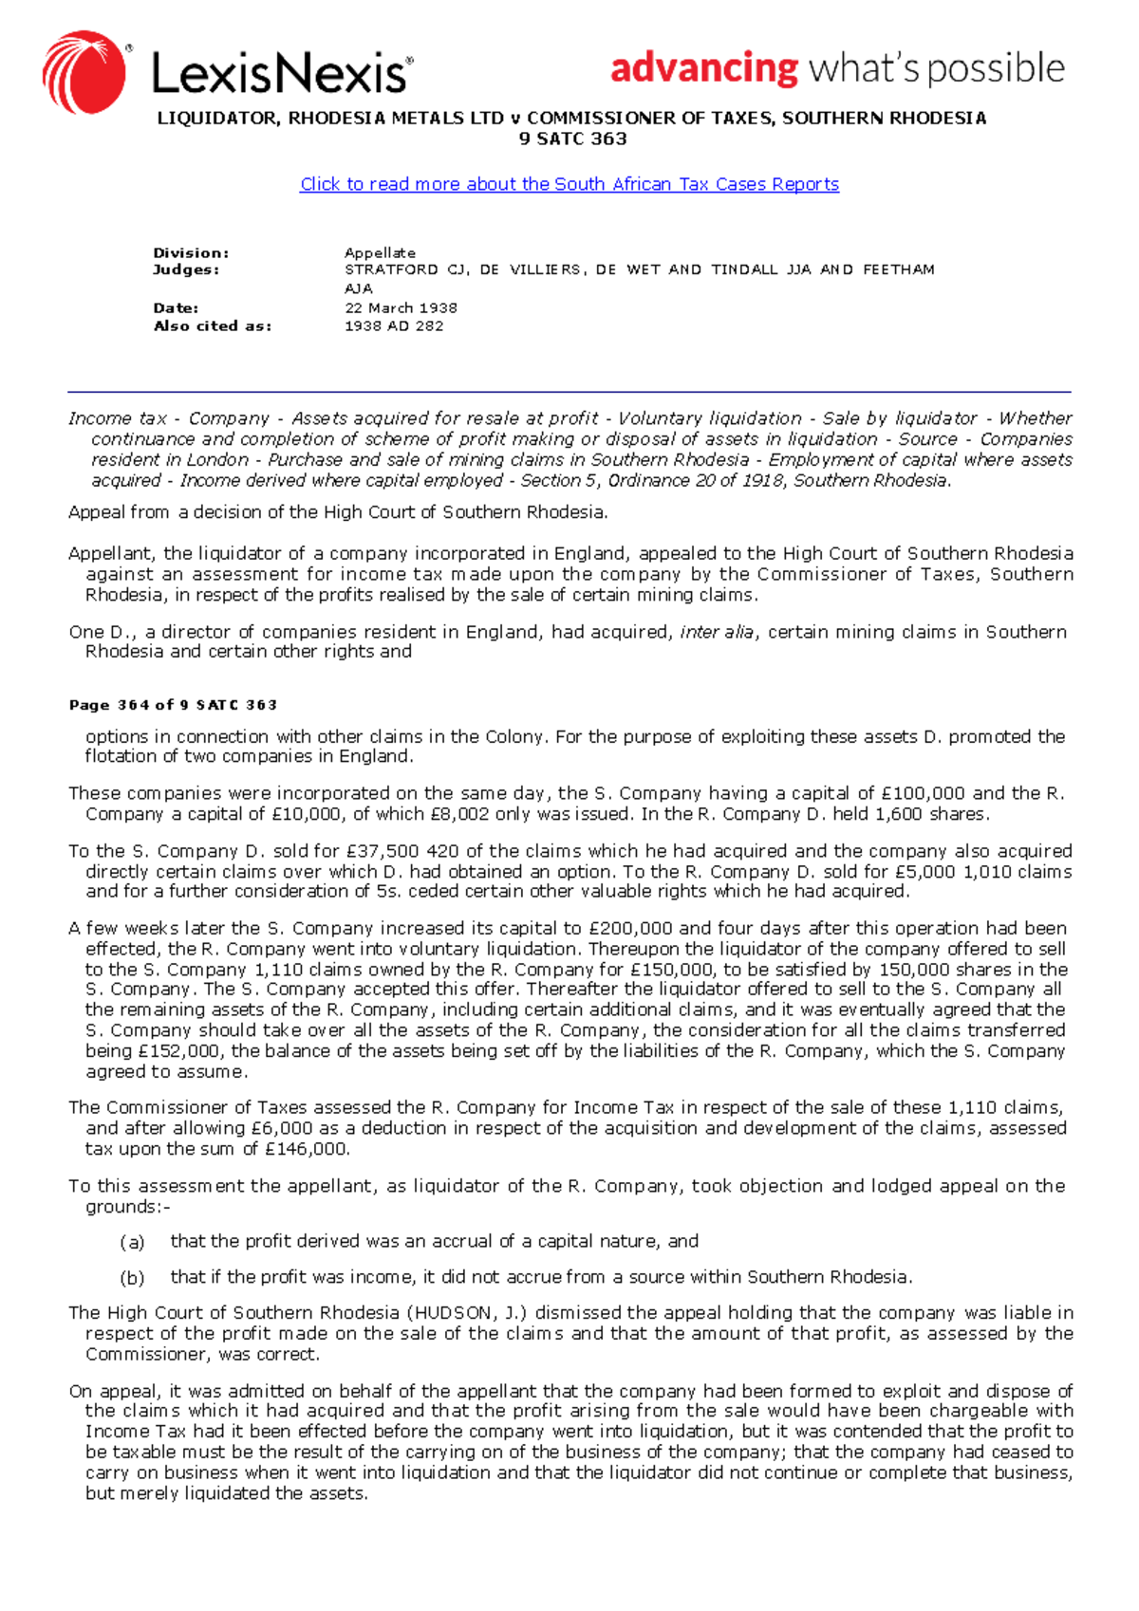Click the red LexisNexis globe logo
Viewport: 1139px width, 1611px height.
[84, 72]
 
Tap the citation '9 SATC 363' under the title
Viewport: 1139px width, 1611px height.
[572, 139]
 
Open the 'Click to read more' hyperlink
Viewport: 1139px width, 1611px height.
[569, 184]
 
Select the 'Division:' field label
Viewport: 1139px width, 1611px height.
[191, 253]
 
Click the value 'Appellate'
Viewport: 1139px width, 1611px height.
[380, 253]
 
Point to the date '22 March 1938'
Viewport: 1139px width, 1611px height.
[401, 308]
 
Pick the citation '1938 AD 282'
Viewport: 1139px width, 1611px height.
[393, 326]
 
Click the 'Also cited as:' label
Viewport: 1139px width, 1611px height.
[213, 326]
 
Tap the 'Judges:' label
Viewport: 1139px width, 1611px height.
[186, 270]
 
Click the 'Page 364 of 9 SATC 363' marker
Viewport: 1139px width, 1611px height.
[173, 705]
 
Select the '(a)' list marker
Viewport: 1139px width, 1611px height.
[132, 1243]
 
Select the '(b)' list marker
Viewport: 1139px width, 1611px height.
[132, 1278]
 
